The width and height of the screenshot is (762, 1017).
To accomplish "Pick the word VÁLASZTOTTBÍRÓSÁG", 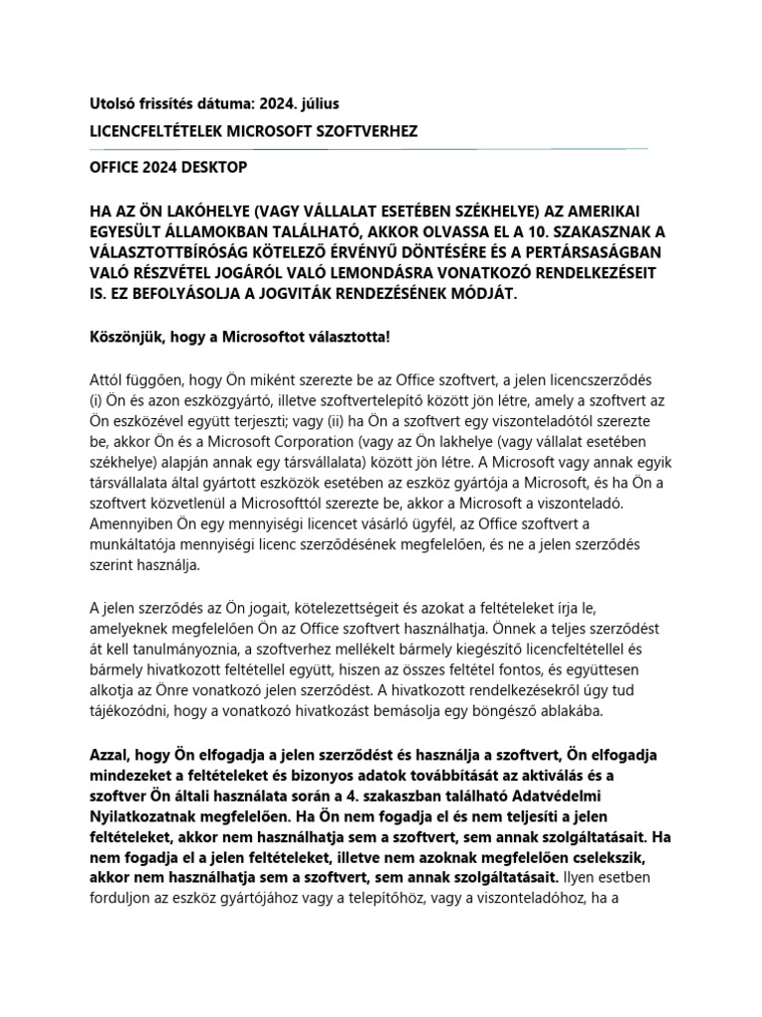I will click(x=188, y=253).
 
